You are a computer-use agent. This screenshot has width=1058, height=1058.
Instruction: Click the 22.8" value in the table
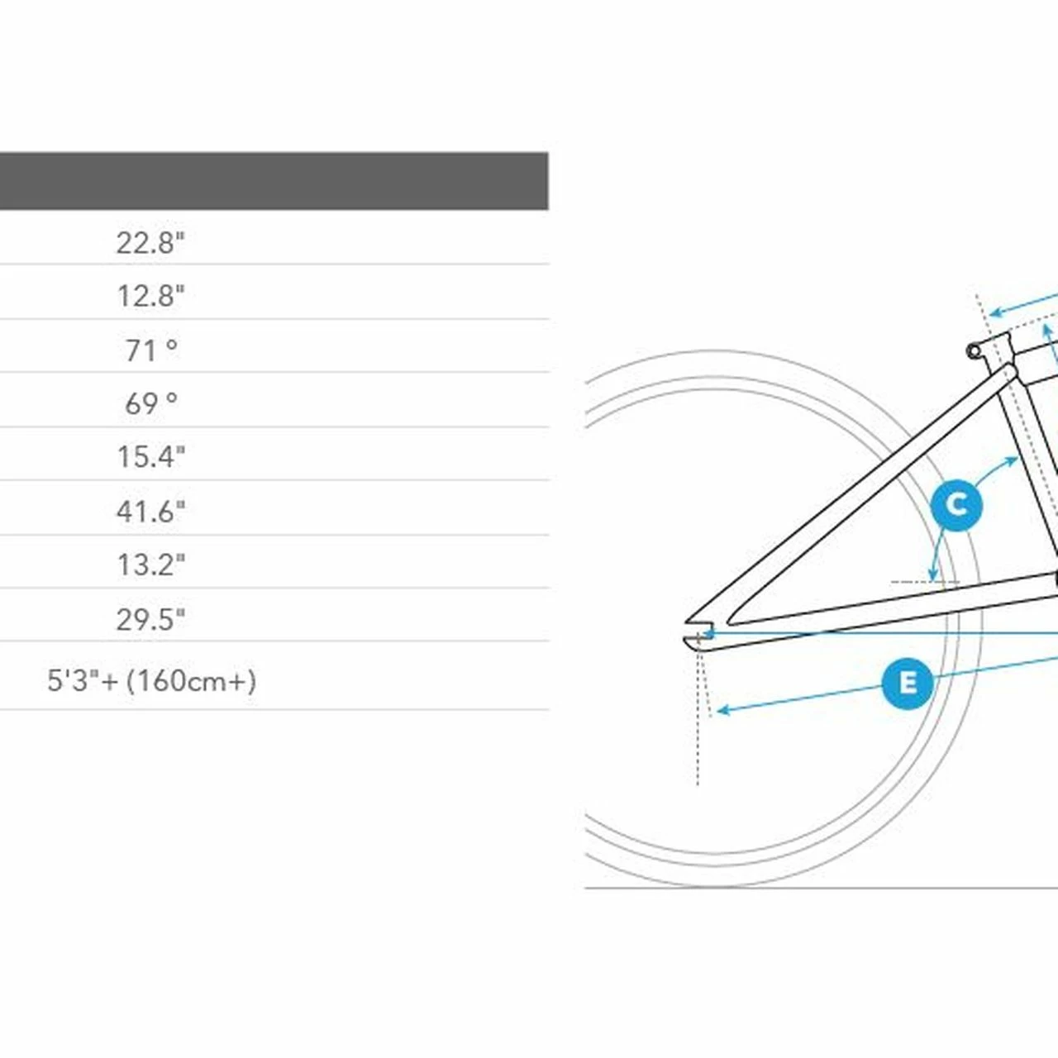(x=151, y=243)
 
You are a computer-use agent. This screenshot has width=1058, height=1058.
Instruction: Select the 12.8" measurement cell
(x=151, y=296)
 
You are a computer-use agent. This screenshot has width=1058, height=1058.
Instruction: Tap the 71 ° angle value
(x=151, y=350)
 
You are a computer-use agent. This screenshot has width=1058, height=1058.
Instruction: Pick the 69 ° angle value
(x=151, y=403)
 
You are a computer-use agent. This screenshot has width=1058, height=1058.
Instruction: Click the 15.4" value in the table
(x=151, y=457)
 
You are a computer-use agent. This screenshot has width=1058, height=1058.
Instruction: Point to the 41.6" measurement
(x=151, y=511)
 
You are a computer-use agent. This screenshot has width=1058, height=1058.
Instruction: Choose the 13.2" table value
(x=151, y=565)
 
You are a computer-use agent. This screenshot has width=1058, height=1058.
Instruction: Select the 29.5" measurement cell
(x=151, y=619)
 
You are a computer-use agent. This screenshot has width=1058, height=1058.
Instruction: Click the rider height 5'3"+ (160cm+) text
(x=151, y=681)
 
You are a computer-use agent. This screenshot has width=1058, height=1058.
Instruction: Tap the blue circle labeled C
(x=957, y=505)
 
